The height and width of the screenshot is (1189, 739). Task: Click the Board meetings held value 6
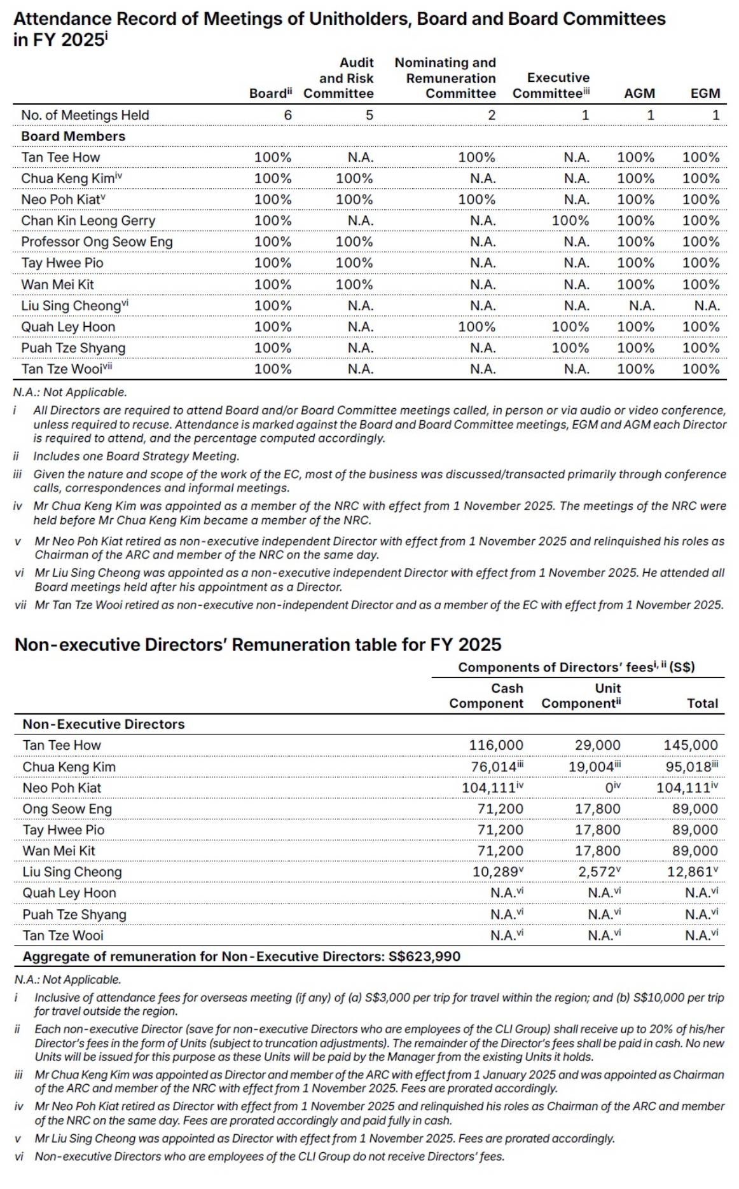pyautogui.click(x=287, y=115)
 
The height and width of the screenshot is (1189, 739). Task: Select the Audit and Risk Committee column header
pyautogui.click(x=339, y=78)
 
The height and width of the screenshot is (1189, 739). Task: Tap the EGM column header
pyautogui.click(x=705, y=93)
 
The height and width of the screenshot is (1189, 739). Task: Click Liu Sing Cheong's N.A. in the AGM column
pyautogui.click(x=641, y=306)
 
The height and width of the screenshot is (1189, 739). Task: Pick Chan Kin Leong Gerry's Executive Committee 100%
pyautogui.click(x=570, y=221)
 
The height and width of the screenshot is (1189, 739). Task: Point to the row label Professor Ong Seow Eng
pyautogui.click(x=97, y=242)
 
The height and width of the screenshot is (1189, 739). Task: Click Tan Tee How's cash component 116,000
pyautogui.click(x=496, y=745)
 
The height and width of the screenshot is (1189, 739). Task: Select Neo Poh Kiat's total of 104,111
pyautogui.click(x=683, y=788)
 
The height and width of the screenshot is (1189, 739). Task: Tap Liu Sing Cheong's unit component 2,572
pyautogui.click(x=596, y=872)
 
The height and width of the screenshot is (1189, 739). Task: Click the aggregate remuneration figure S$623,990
pyautogui.click(x=424, y=956)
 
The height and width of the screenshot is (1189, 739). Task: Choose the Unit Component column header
pyautogui.click(x=581, y=696)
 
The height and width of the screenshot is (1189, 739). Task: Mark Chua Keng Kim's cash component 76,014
pyautogui.click(x=494, y=767)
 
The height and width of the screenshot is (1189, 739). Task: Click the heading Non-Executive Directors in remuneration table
pyautogui.click(x=104, y=724)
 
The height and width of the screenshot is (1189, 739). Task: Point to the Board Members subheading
pyautogui.click(x=73, y=136)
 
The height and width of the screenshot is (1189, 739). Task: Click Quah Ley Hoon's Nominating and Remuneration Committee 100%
pyautogui.click(x=476, y=327)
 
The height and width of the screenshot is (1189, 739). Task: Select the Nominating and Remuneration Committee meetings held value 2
pyautogui.click(x=491, y=115)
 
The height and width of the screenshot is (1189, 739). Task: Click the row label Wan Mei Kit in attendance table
pyautogui.click(x=57, y=284)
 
